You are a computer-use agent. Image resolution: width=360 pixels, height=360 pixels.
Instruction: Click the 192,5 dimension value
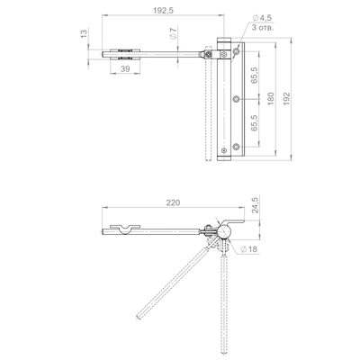(163, 11)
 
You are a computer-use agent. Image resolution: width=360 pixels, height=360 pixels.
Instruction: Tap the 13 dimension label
(85, 33)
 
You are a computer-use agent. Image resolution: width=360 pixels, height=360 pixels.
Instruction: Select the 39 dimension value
(125, 68)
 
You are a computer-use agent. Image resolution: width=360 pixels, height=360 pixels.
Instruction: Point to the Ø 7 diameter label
(173, 33)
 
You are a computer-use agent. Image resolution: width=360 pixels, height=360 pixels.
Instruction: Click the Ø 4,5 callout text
(262, 18)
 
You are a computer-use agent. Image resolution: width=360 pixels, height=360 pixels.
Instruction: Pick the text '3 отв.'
(263, 28)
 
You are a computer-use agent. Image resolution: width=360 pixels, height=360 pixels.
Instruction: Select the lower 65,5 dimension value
(255, 122)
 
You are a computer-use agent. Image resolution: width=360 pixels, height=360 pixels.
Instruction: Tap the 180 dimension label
(271, 99)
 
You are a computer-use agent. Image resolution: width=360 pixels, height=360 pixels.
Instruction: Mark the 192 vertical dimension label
(287, 99)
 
